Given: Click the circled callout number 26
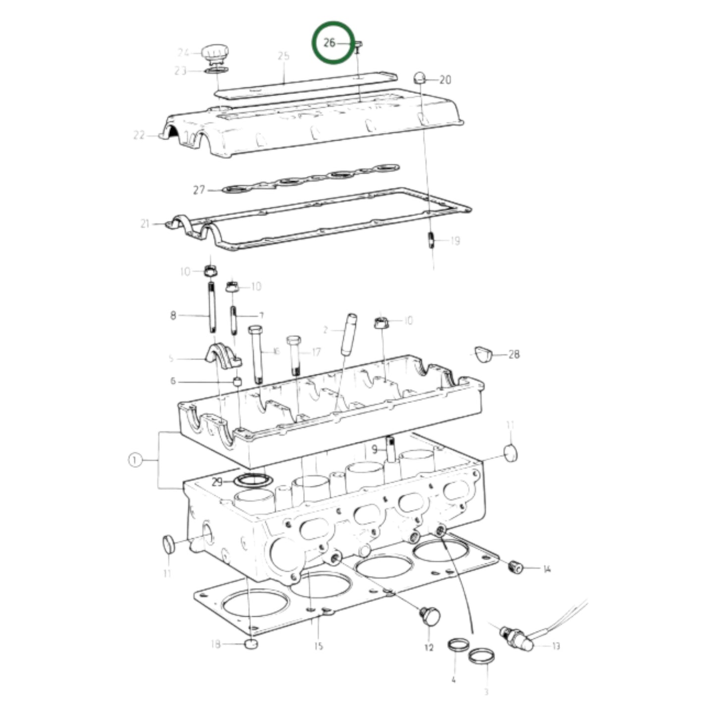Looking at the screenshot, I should [330, 43].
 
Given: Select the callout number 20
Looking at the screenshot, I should [445, 80].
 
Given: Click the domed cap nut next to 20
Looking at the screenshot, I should [420, 78].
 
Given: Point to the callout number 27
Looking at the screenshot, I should [199, 190].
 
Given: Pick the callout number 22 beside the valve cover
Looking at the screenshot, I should [139, 135].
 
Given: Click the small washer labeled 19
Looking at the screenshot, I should [431, 240].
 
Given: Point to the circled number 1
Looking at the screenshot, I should [135, 460].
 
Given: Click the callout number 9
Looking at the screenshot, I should [375, 449].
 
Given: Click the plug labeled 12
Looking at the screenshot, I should [430, 616].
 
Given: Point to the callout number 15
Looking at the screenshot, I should [318, 646].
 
